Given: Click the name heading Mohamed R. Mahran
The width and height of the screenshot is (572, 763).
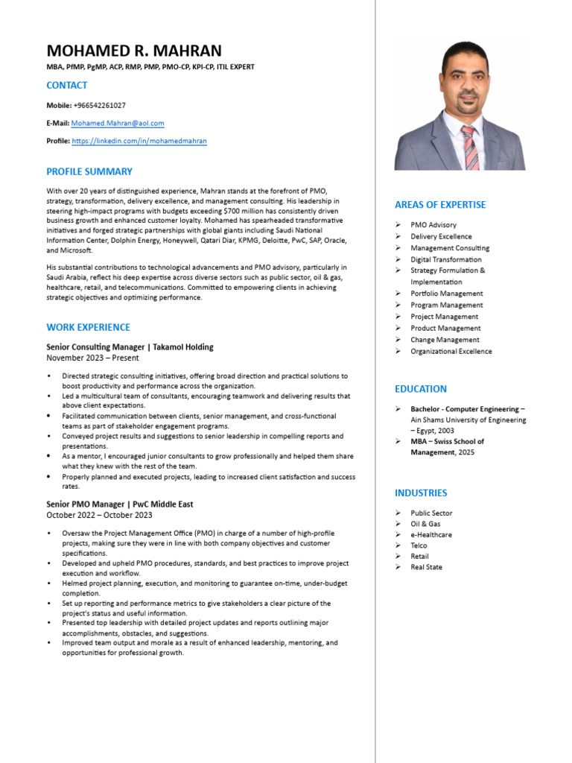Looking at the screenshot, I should pyautogui.click(x=133, y=51).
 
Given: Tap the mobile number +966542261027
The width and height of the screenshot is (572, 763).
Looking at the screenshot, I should pyautogui.click(x=99, y=105).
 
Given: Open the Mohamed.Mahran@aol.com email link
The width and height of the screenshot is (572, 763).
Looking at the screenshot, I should pyautogui.click(x=118, y=123).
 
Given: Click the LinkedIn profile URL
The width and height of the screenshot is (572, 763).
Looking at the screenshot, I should pyautogui.click(x=139, y=141).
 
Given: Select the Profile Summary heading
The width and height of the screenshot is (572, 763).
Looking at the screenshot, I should pyautogui.click(x=89, y=171).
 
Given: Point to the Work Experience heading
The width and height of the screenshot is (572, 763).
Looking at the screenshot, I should pyautogui.click(x=88, y=327).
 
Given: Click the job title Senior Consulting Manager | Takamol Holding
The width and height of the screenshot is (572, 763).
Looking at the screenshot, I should pyautogui.click(x=130, y=346).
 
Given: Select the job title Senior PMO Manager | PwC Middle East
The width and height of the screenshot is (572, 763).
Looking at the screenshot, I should pyautogui.click(x=119, y=504).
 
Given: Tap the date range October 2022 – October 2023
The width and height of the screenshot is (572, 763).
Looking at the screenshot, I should pyautogui.click(x=99, y=515).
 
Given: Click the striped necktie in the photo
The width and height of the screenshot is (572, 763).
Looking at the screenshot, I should pyautogui.click(x=470, y=147).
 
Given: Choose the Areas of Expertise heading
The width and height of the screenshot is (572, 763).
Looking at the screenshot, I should pyautogui.click(x=440, y=205).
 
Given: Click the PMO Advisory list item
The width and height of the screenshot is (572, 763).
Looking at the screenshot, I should pyautogui.click(x=433, y=225).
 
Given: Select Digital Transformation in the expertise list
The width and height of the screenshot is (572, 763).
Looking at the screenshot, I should pyautogui.click(x=445, y=259).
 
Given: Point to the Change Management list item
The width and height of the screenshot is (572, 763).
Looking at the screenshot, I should pyautogui.click(x=445, y=340).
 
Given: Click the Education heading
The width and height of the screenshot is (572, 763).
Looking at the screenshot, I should pyautogui.click(x=421, y=389).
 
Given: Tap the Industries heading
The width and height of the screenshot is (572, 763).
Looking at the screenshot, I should pyautogui.click(x=421, y=493).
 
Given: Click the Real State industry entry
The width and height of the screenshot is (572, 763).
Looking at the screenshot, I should pyautogui.click(x=426, y=567).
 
